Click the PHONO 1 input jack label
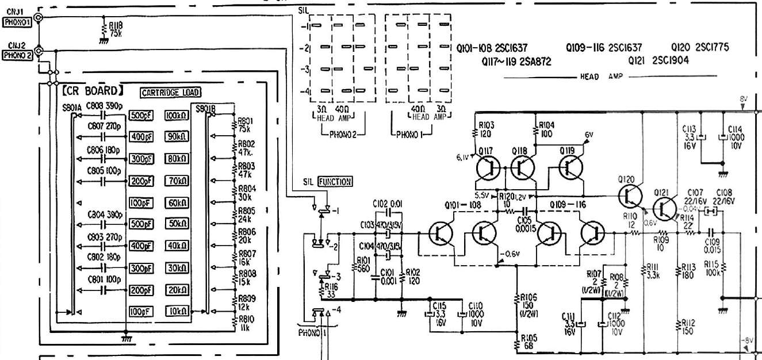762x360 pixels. [17, 23]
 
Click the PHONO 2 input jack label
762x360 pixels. [17, 56]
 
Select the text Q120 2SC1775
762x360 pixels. [700, 48]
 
